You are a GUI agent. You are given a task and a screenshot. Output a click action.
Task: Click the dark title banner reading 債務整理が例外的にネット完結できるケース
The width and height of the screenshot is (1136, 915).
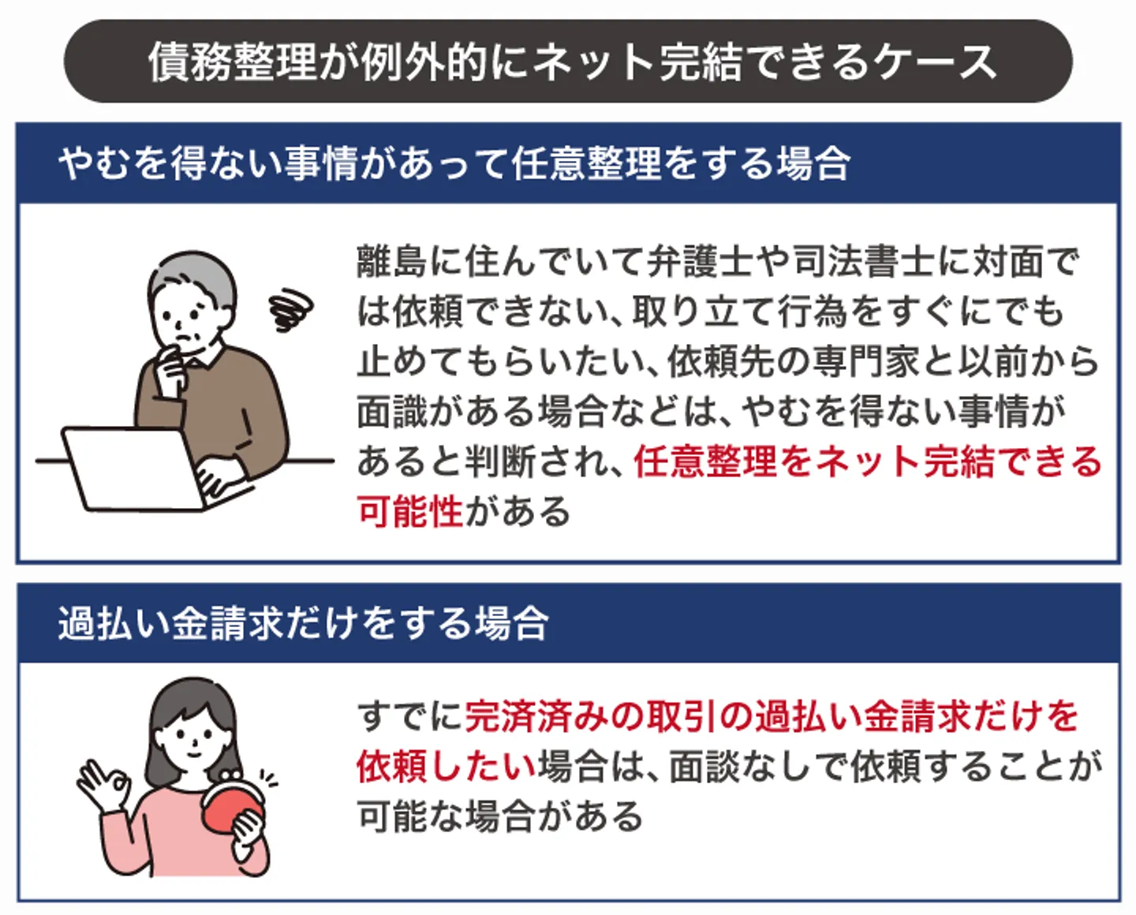[x=568, y=62]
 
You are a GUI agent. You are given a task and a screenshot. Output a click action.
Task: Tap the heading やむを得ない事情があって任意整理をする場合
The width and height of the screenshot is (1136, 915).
[x=454, y=163]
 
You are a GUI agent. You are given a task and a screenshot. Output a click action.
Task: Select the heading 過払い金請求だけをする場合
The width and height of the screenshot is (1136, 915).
[x=304, y=623]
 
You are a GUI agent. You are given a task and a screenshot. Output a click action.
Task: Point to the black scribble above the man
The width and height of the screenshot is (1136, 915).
[x=290, y=309]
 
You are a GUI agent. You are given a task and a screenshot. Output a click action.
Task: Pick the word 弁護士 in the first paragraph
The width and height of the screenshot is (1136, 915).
[x=700, y=261]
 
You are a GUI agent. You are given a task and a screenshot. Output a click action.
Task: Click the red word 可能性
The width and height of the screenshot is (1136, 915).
[x=410, y=511]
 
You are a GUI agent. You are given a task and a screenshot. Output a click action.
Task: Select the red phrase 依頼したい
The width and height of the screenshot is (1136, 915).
[x=447, y=766]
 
